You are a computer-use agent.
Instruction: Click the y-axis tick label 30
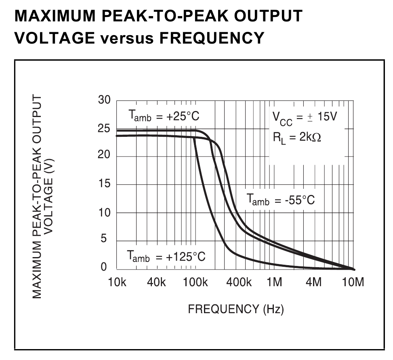click(x=104, y=101)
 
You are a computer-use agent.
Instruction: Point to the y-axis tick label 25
click(x=104, y=129)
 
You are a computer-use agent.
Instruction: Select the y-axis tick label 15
click(x=104, y=184)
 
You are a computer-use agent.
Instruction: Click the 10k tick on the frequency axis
click(x=117, y=283)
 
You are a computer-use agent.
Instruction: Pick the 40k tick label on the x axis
click(x=157, y=283)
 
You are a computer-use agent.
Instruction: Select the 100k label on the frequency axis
click(x=195, y=283)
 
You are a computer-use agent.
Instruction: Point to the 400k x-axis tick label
click(x=239, y=283)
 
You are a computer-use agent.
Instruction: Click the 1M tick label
click(x=274, y=283)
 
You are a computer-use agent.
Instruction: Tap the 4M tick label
click(x=313, y=283)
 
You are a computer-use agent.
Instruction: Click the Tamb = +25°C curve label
click(x=164, y=117)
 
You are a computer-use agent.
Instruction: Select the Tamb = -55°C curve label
click(x=280, y=200)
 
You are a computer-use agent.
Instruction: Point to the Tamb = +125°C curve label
click(x=166, y=256)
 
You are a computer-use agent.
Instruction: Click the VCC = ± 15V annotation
click(x=304, y=117)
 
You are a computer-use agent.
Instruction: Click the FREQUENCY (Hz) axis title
click(x=236, y=310)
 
